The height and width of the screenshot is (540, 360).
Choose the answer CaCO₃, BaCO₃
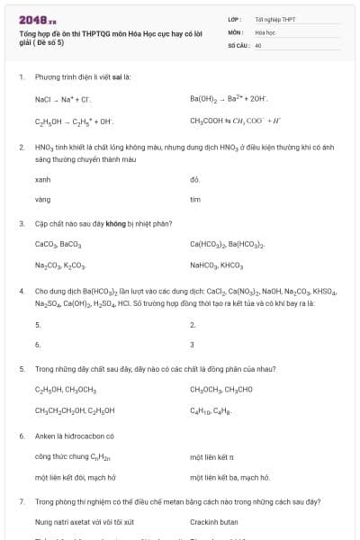point(58,244)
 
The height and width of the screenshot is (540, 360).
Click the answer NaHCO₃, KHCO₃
point(217,266)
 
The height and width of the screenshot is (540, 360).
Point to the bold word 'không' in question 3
point(114,223)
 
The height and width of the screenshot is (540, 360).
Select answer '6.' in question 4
point(38,344)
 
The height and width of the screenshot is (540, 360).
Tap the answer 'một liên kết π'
point(212,457)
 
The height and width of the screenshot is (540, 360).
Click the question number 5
point(21,369)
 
